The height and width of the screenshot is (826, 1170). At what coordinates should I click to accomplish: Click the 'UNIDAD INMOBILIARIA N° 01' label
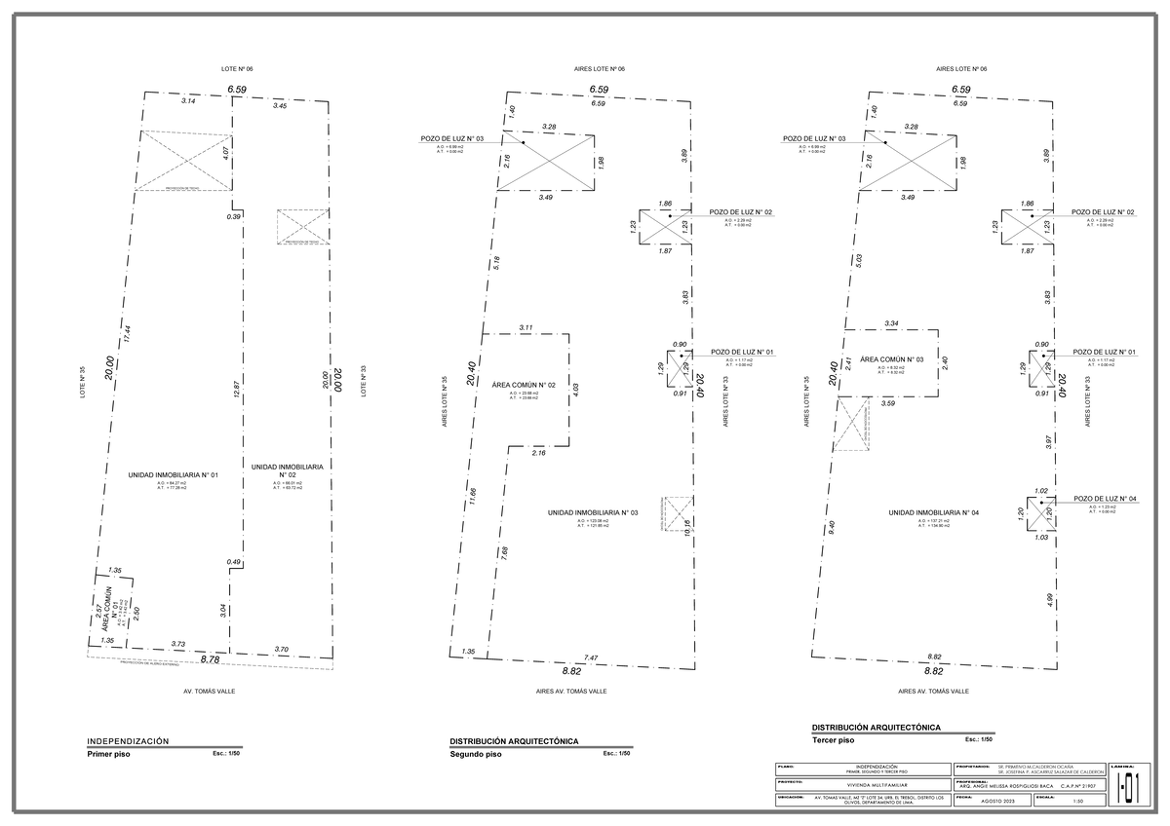(x=172, y=474)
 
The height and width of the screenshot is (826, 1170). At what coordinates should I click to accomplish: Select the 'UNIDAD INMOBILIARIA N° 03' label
(x=592, y=512)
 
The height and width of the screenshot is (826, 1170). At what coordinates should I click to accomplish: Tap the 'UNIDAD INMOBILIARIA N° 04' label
(x=934, y=512)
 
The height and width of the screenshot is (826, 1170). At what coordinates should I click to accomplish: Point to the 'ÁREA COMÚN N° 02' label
(x=524, y=386)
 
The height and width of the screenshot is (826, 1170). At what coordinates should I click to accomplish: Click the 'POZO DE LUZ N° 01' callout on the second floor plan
(x=742, y=352)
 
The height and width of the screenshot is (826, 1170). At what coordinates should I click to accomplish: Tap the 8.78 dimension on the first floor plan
(x=210, y=659)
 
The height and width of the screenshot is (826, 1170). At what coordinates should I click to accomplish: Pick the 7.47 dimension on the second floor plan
(x=591, y=657)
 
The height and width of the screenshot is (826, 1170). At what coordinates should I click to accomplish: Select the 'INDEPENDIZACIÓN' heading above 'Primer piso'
(x=128, y=741)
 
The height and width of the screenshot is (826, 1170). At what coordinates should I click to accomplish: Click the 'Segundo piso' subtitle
(x=476, y=754)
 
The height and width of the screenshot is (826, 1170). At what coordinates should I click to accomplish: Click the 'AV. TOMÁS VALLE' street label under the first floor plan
(x=210, y=691)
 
